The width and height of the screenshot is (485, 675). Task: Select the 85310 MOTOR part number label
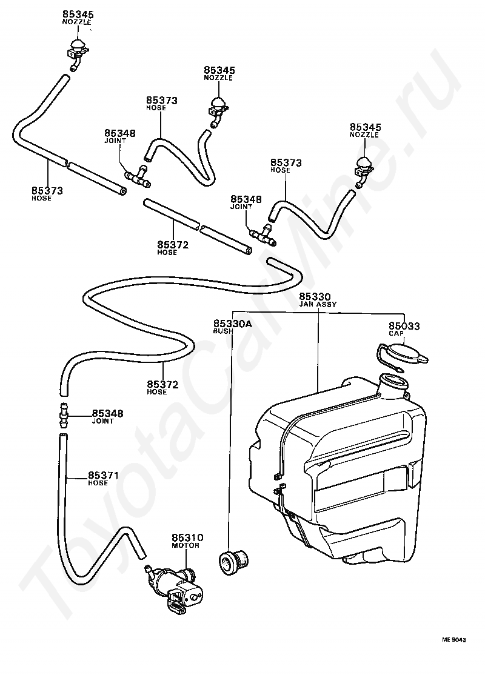coord(187,540)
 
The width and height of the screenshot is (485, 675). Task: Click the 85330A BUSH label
coord(232,327)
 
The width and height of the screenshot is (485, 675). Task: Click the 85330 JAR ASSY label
coord(318,301)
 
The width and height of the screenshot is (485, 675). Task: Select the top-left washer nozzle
coord(77,50)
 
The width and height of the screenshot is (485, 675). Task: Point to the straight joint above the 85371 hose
coord(63,415)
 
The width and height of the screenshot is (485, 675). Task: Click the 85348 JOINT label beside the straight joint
coord(107,417)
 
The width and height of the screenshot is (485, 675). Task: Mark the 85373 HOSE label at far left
coord(47,194)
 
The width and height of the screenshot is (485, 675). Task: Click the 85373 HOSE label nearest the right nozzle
coord(286,166)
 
